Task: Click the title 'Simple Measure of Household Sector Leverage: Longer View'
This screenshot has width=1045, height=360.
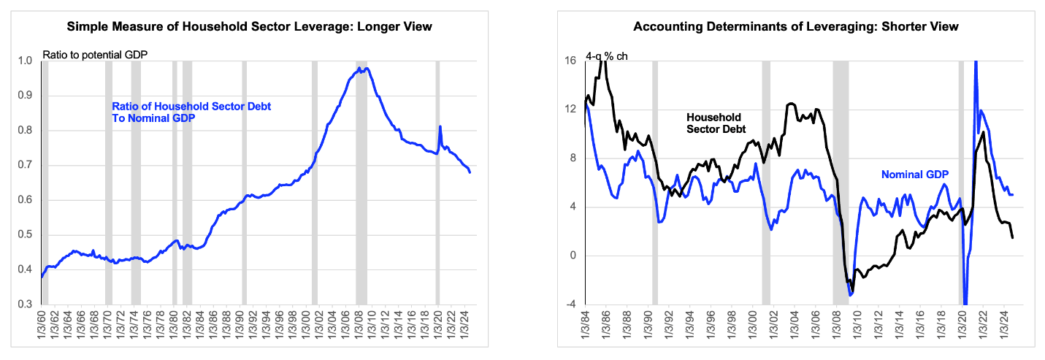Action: click(250, 26)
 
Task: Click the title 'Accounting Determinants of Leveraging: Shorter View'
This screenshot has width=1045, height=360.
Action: click(796, 26)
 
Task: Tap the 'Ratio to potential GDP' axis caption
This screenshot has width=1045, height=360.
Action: click(95, 55)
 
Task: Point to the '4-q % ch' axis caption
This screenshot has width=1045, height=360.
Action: click(606, 56)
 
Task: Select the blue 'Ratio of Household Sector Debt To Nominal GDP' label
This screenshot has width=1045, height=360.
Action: click(191, 112)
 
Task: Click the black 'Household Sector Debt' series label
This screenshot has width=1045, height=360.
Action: click(716, 123)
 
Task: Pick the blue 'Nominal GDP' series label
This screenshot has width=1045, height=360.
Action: click(915, 175)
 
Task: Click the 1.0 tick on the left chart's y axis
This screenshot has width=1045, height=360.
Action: click(25, 61)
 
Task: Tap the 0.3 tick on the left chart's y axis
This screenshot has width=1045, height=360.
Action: click(25, 304)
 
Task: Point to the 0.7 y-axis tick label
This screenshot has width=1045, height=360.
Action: click(25, 165)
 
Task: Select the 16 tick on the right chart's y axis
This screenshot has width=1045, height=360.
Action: click(570, 61)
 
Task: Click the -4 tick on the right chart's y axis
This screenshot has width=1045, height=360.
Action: click(570, 304)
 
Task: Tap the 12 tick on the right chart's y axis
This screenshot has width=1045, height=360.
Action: click(570, 109)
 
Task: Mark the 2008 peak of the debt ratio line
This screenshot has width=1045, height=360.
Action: click(359, 68)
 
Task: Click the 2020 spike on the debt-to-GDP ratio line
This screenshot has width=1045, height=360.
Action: click(440, 126)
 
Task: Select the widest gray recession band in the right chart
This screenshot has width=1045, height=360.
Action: click(841, 183)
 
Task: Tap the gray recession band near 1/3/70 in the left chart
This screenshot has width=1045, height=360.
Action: click(109, 183)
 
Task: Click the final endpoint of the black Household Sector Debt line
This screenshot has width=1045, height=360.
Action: click(1012, 238)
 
